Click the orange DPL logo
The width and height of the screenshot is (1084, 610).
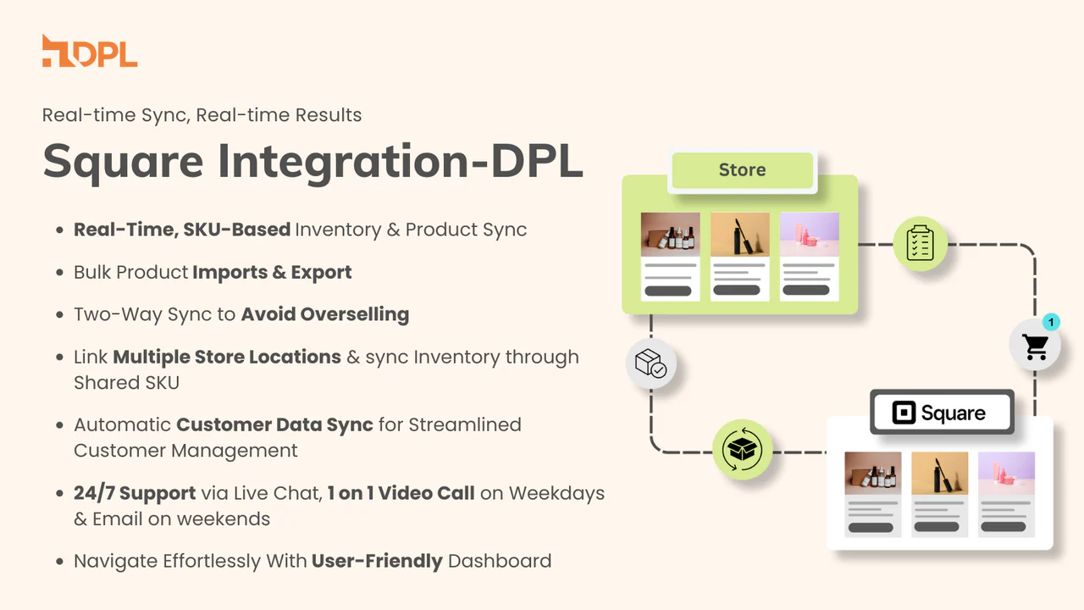pyautogui.click(x=90, y=51)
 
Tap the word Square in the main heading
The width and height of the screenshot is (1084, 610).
pyautogui.click(x=123, y=162)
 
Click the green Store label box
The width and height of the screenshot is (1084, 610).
pyautogui.click(x=743, y=170)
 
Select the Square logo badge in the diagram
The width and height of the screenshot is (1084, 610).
pyautogui.click(x=942, y=413)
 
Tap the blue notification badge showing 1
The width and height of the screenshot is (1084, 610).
pyautogui.click(x=1051, y=322)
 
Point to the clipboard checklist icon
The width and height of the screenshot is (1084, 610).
pyautogui.click(x=920, y=243)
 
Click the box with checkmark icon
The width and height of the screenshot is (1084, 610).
pyautogui.click(x=651, y=363)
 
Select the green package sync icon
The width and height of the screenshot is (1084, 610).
pyautogui.click(x=742, y=449)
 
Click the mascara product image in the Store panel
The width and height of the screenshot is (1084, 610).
pyautogui.click(x=740, y=234)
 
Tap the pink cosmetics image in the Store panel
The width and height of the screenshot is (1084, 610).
pyautogui.click(x=809, y=234)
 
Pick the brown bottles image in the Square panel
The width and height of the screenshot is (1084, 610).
pyautogui.click(x=873, y=473)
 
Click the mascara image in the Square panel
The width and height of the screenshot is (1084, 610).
pyautogui.click(x=939, y=473)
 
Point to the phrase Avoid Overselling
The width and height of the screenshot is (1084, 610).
pyautogui.click(x=325, y=314)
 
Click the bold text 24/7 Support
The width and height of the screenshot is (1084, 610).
pyautogui.click(x=135, y=493)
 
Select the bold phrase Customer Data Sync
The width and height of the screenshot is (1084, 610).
pyautogui.click(x=274, y=424)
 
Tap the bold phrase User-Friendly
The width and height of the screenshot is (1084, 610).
pyautogui.click(x=377, y=561)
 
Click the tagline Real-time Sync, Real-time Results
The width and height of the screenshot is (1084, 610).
pyautogui.click(x=202, y=115)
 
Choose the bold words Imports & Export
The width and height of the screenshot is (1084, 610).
pyautogui.click(x=272, y=272)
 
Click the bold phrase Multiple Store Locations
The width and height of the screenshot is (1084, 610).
pyautogui.click(x=227, y=357)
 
